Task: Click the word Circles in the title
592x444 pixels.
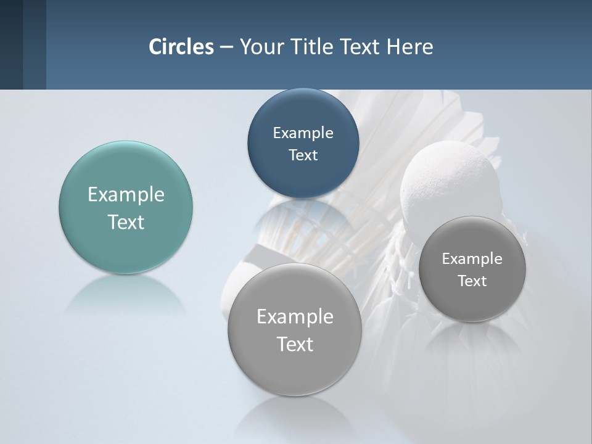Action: point(181,47)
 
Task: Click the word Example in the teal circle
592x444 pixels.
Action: point(126,195)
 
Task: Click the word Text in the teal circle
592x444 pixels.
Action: point(126,222)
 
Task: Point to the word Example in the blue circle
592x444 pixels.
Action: point(303,133)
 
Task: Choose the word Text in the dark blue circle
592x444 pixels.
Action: point(303,155)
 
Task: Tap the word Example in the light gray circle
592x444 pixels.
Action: point(295,317)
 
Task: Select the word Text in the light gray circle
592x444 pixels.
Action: point(295,344)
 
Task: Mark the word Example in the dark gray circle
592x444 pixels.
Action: point(472,259)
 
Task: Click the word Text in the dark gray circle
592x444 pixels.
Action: point(472,281)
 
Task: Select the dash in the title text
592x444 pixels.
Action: point(226,47)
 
